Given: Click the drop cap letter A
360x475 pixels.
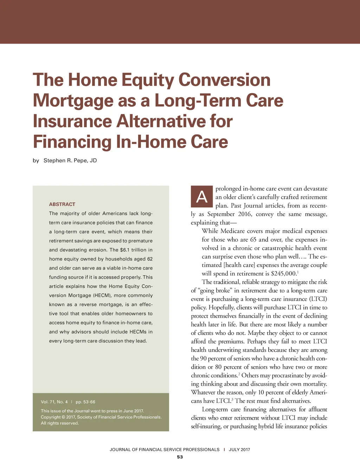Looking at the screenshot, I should [x=202, y=196].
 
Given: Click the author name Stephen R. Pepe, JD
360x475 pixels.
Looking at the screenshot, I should [x=70, y=160].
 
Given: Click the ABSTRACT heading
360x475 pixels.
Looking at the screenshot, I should [x=62, y=204].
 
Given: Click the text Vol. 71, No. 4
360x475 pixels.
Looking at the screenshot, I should [x=54, y=402].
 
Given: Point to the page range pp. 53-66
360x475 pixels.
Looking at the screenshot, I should [x=85, y=402].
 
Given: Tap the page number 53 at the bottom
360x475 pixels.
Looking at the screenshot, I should [x=180, y=457].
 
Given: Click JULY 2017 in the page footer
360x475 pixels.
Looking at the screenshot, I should [x=239, y=449].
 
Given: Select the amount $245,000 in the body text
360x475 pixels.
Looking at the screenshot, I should [x=284, y=274].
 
